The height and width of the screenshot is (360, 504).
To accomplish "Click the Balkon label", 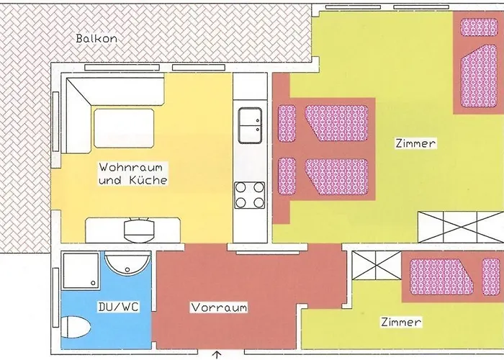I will point(96,38).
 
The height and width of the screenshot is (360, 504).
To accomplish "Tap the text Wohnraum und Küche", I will point(132,173).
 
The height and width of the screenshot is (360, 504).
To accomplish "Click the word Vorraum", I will point(219,307).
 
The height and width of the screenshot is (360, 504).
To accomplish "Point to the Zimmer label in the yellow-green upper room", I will point(415,144).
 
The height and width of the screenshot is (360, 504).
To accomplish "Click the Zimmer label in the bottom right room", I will point(401,322).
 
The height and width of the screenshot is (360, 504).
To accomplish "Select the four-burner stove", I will point(249,195).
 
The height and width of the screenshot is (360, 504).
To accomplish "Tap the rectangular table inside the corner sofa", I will point(123,128).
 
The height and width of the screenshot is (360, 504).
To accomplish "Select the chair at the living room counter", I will point(138,229).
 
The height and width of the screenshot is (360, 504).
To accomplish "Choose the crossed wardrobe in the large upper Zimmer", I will point(461,227).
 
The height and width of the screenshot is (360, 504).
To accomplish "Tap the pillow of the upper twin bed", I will point(287,122).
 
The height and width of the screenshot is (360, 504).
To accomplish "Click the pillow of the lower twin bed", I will point(287,175).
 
